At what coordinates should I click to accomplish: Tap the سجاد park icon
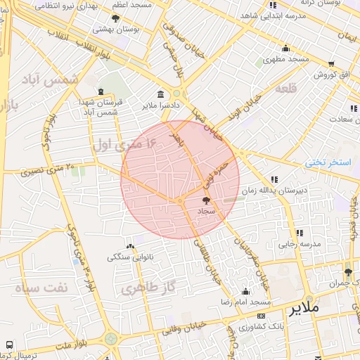click(205, 201)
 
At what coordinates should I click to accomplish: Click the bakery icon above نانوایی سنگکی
click(129, 247)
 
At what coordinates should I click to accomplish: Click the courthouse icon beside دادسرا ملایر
click(161, 95)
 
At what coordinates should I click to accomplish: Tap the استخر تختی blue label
click(328, 162)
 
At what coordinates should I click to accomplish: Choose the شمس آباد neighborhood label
click(60, 81)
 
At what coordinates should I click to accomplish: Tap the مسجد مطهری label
click(286, 60)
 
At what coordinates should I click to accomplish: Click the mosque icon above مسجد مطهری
click(285, 49)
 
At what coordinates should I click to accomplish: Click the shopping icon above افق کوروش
click(330, 63)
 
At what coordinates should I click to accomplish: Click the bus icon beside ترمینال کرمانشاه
click(8, 345)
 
